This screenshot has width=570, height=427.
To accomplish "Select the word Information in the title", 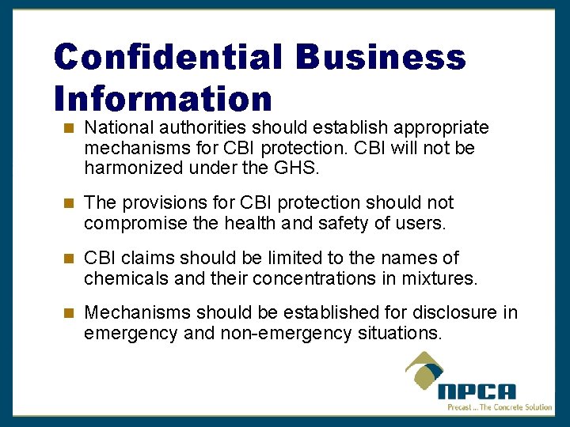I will click(163, 99).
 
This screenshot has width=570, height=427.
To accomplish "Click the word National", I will click(118, 128).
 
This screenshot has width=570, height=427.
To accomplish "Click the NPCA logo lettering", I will click(477, 391).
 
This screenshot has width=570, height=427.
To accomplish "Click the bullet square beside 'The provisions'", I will click(69, 203).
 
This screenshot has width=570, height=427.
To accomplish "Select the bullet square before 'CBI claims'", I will click(69, 258).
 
